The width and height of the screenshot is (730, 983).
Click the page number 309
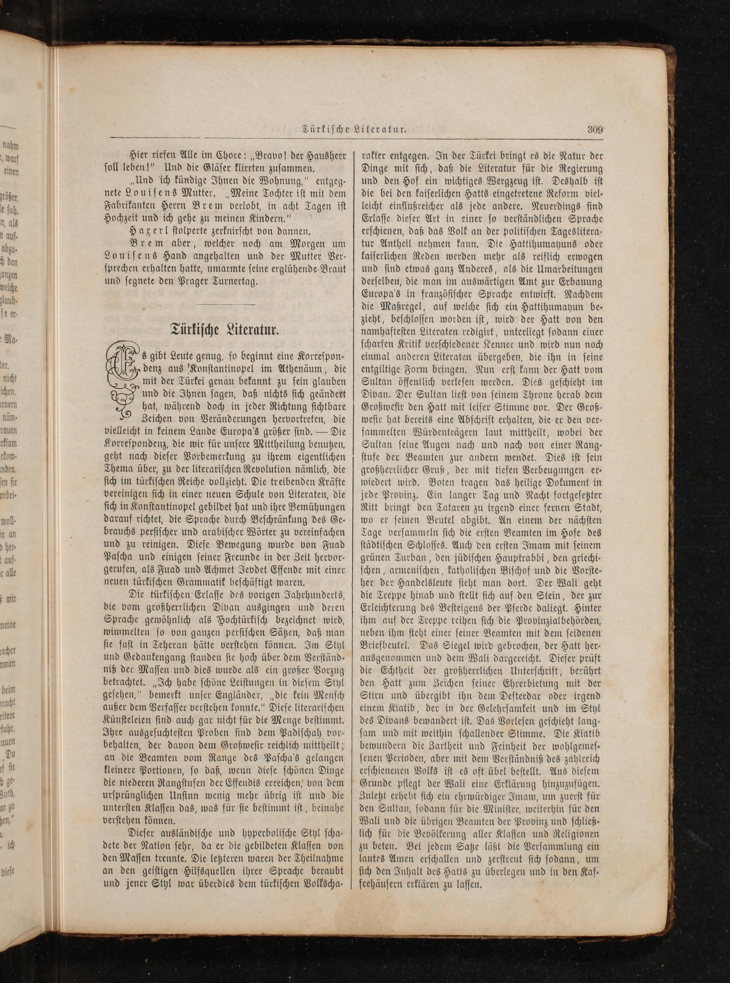(x=595, y=130)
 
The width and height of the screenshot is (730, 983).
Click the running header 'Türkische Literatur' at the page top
(x=354, y=130)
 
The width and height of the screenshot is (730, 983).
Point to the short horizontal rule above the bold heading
(x=225, y=304)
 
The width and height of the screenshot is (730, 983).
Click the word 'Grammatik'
(x=194, y=583)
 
